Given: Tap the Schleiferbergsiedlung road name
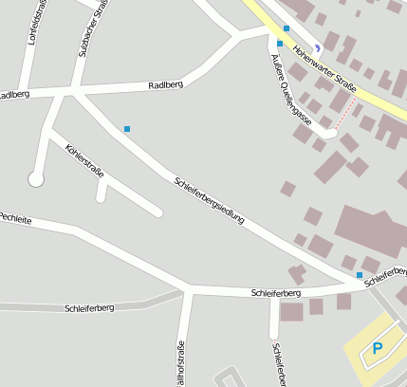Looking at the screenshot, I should [209, 200].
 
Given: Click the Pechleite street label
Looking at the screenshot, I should [15, 218].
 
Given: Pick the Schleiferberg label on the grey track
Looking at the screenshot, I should [89, 308].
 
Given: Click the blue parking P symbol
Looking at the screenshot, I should [378, 348].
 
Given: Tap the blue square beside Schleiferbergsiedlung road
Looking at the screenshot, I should [127, 129].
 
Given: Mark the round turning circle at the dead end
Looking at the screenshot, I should [36, 178].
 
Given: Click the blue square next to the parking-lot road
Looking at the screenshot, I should [360, 275].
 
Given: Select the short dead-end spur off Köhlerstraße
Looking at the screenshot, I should [101, 193].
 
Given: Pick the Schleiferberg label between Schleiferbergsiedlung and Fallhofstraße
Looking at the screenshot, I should [276, 293].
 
